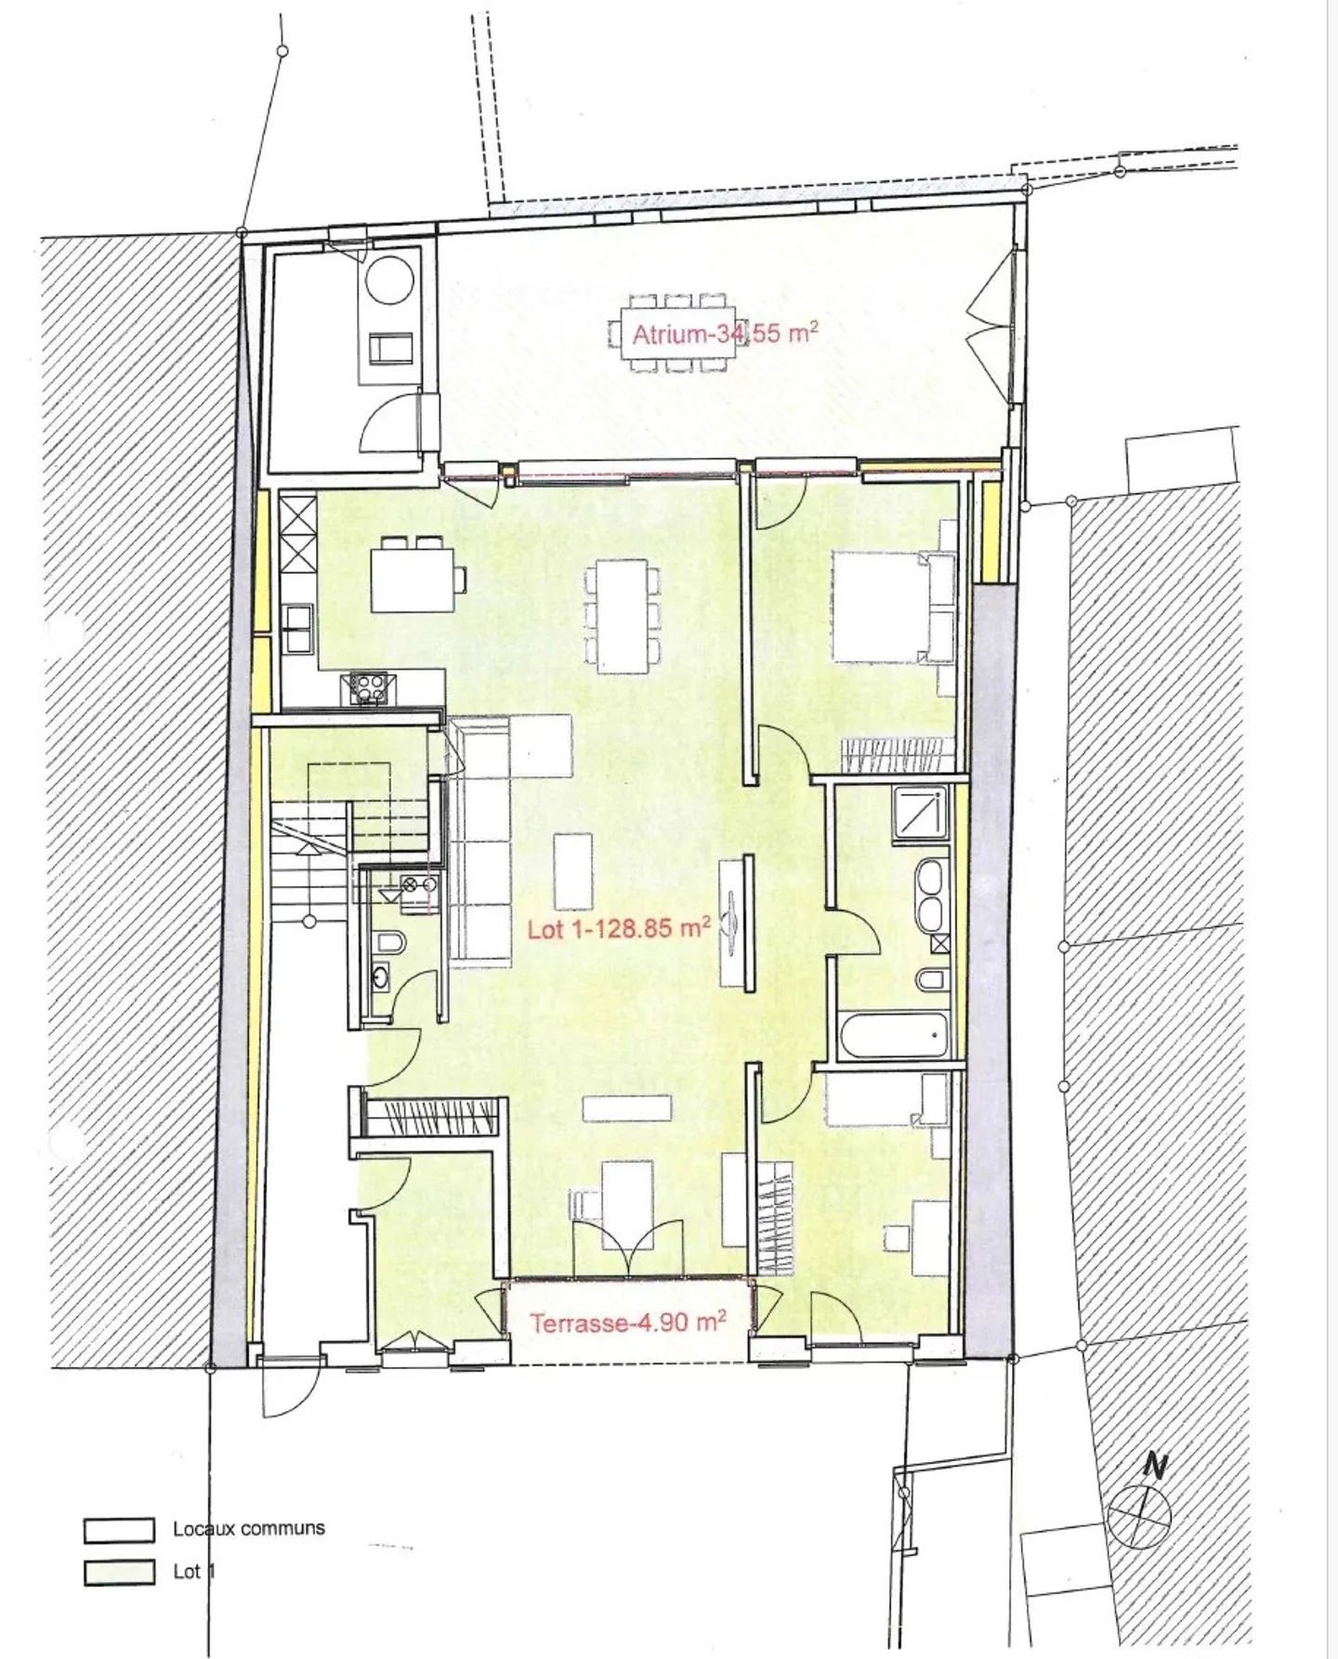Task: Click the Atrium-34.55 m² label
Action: click(724, 333)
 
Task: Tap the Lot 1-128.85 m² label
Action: click(619, 928)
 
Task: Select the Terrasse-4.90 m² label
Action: click(627, 1322)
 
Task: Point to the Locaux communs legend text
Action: click(248, 1528)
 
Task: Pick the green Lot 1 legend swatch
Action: click(119, 1572)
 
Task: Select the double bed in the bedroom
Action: click(891, 608)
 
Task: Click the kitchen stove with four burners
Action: click(368, 687)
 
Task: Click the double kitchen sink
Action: click(299, 629)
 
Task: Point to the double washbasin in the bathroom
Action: click(927, 894)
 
